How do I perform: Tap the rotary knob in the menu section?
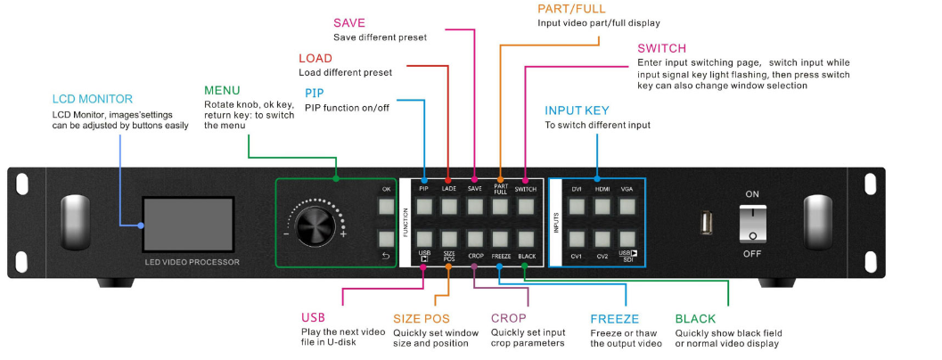[315, 225]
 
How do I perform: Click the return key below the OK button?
[386, 239]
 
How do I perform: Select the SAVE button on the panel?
[474, 207]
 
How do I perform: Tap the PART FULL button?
[500, 207]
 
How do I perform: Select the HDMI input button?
[602, 207]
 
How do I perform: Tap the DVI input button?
[577, 207]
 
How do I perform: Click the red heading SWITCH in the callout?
[661, 48]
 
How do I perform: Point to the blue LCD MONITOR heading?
[92, 99]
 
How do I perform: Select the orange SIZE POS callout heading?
[422, 318]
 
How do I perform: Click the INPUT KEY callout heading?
[577, 110]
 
